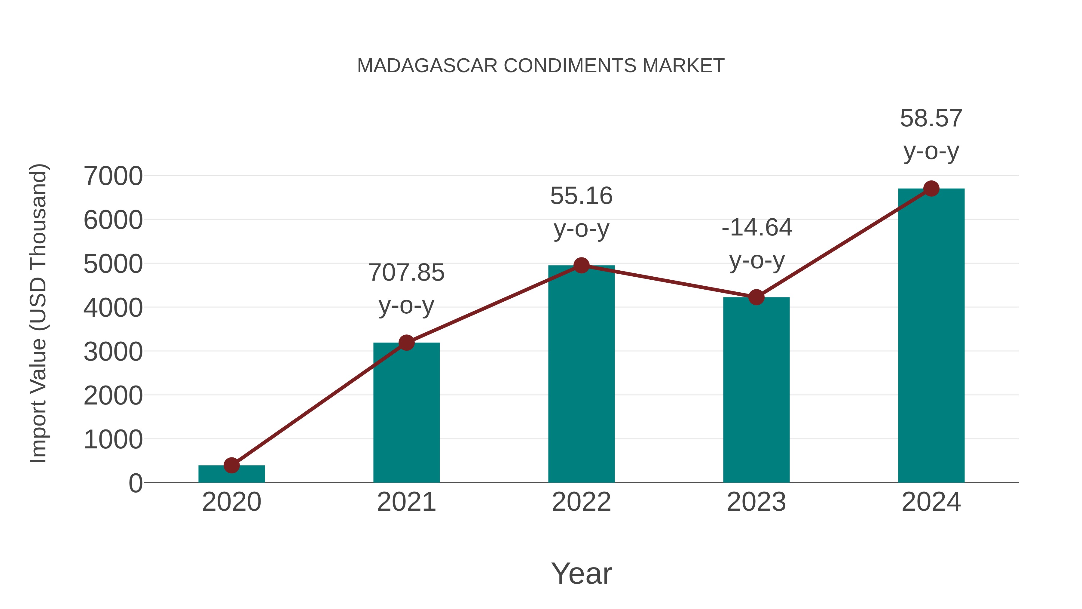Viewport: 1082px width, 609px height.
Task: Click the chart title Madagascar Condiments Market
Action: tap(541, 66)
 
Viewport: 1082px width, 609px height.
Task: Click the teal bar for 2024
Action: tap(931, 336)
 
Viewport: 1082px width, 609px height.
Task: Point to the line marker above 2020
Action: tap(231, 465)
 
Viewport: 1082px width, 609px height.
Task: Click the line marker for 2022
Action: tap(581, 265)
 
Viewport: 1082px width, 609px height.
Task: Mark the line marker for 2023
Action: tap(756, 297)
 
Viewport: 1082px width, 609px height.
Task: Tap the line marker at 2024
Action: tap(931, 189)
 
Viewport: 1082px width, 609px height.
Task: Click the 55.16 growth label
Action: tap(581, 196)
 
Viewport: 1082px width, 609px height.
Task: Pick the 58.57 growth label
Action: tap(931, 118)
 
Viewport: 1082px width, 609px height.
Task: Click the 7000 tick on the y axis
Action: tap(113, 176)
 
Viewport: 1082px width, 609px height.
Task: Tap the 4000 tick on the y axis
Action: tap(113, 308)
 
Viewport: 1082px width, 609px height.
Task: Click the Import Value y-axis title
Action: tap(38, 313)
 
